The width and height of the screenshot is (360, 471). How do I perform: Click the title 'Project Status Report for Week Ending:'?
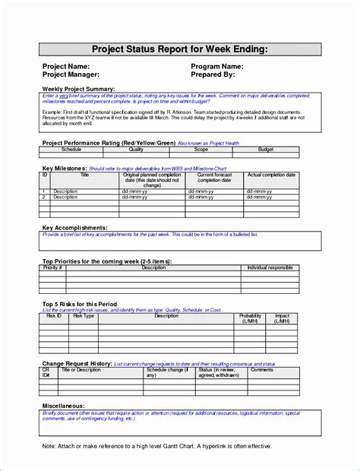(x=180, y=50)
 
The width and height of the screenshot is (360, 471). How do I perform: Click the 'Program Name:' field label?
(x=223, y=66)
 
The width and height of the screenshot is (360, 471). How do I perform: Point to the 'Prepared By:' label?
(x=218, y=75)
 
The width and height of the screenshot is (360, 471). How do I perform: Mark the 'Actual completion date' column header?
(x=272, y=175)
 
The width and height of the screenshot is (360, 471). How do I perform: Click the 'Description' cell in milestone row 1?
(x=66, y=191)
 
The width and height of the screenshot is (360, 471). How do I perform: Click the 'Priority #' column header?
(x=52, y=267)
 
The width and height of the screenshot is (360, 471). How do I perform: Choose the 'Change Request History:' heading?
(x=77, y=365)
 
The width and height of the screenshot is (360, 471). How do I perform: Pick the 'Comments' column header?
(x=262, y=370)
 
